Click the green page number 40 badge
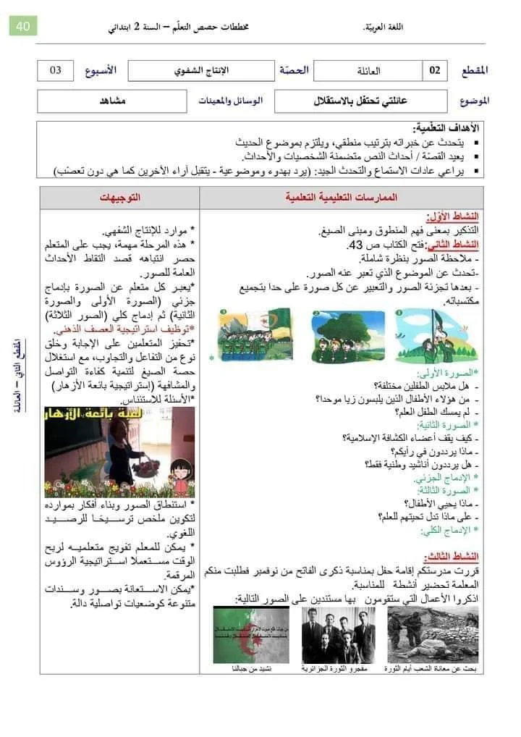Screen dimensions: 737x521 [22, 27]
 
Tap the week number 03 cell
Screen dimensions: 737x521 [56, 70]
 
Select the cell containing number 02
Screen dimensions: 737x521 [435, 70]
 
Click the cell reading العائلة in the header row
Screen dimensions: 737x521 [369, 71]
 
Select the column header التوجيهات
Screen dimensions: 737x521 [120, 197]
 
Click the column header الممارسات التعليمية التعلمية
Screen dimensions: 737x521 [342, 197]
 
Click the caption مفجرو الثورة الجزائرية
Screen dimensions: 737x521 [335, 669]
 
